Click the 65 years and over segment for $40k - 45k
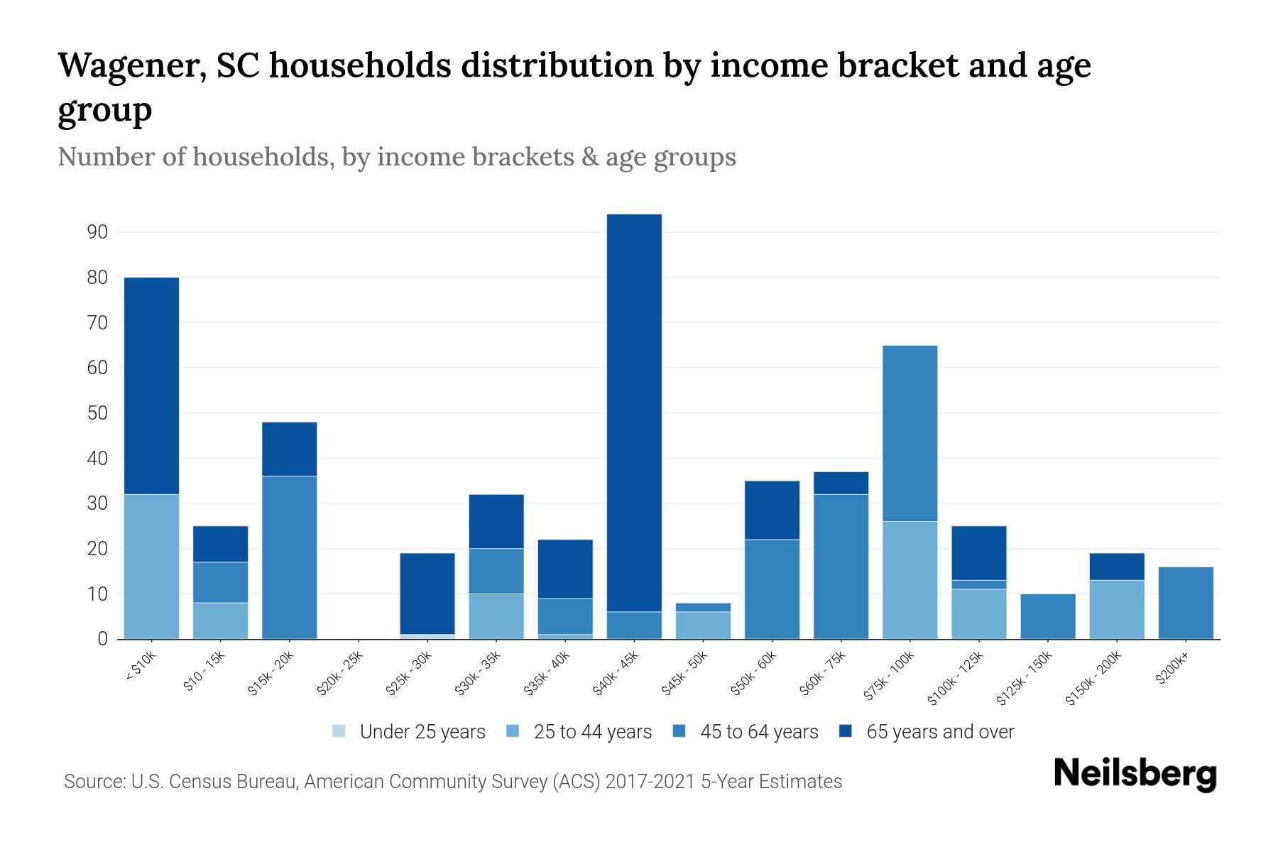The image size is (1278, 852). click(x=634, y=413)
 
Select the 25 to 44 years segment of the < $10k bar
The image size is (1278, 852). click(x=151, y=566)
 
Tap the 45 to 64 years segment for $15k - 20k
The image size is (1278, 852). click(x=289, y=557)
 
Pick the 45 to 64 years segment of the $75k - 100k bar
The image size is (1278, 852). click(x=910, y=433)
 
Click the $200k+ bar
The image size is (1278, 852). click(x=1186, y=602)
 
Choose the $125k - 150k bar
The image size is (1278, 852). click(x=1047, y=616)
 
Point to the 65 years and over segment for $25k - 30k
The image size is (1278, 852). click(x=427, y=593)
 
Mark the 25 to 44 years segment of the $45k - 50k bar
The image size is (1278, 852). click(x=703, y=625)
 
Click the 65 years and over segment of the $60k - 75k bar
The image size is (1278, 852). click(x=841, y=483)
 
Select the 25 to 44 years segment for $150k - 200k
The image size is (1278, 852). click(x=1117, y=609)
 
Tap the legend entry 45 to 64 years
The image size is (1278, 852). click(x=746, y=731)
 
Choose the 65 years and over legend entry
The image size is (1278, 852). click(x=927, y=731)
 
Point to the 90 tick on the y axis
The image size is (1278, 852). click(x=98, y=232)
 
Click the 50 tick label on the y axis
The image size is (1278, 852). click(x=98, y=413)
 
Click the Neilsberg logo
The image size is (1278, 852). click(x=1135, y=774)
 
